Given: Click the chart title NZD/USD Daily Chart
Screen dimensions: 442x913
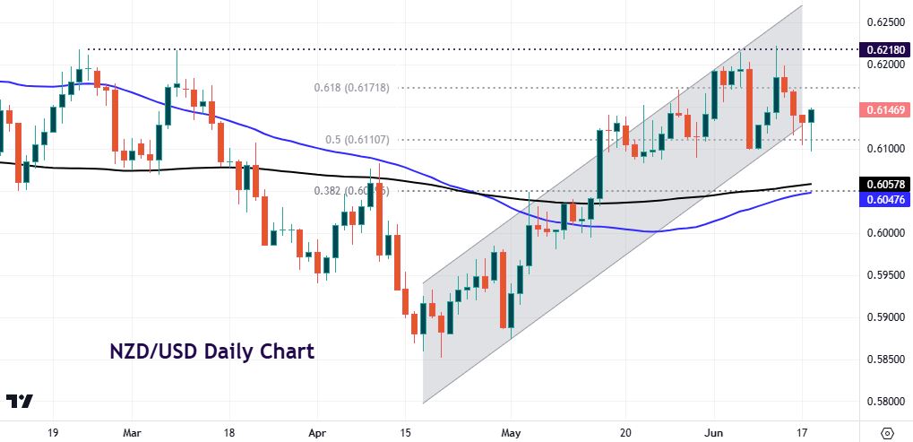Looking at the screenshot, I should (211, 351).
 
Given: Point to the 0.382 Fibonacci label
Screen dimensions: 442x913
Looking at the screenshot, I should (355, 191).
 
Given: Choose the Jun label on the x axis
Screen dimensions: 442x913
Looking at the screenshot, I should (716, 430).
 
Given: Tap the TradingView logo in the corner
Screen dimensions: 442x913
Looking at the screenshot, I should (19, 402).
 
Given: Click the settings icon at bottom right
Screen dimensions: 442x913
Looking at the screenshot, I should (888, 430).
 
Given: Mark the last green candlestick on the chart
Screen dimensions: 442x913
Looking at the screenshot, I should (812, 117).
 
